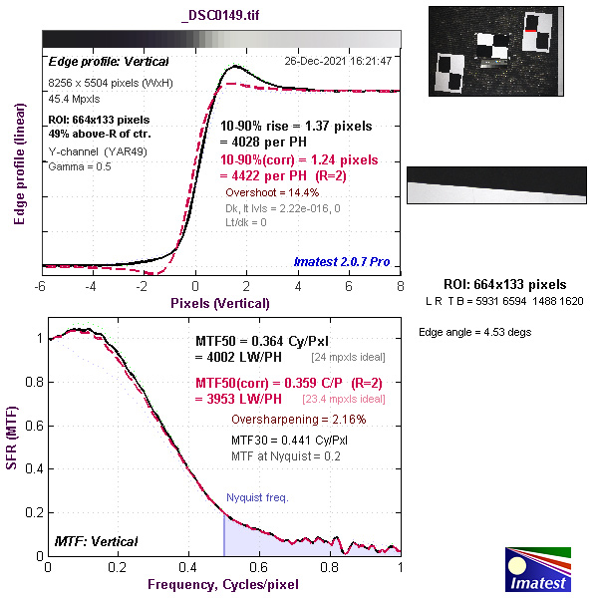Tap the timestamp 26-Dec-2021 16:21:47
337,61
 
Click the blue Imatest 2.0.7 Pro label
342,263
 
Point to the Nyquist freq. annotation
256,496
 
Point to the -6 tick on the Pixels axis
41,286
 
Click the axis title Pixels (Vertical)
220,302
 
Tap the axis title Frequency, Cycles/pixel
224,583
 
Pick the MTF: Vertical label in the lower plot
95,541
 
